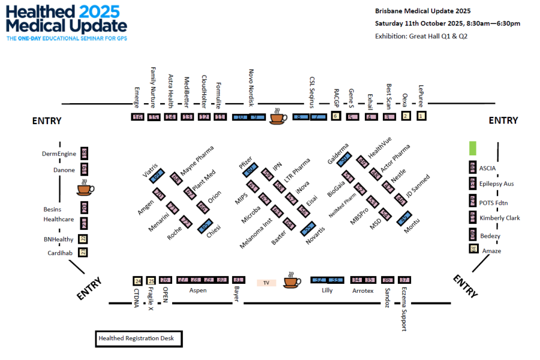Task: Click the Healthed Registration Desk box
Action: coord(139,339)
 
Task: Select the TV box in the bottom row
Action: coord(266,282)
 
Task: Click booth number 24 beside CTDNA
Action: coord(137,280)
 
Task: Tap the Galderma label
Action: coord(338,153)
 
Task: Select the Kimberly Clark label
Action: coord(500,218)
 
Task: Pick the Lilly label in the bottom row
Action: coord(327,290)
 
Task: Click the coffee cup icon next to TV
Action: coord(292,280)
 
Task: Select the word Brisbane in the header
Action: coord(391,11)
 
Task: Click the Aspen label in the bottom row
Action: coord(198,290)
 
